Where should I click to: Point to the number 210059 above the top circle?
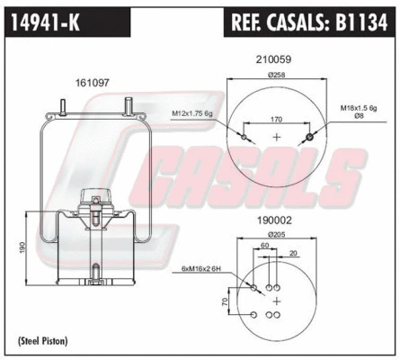(x=275, y=60)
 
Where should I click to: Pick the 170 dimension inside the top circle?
(x=276, y=117)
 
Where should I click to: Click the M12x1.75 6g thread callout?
(x=191, y=113)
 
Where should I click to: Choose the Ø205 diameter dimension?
(x=276, y=235)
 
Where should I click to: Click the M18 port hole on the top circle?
(x=310, y=137)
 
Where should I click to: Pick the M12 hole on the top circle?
(x=244, y=137)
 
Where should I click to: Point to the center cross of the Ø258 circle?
(x=276, y=137)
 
